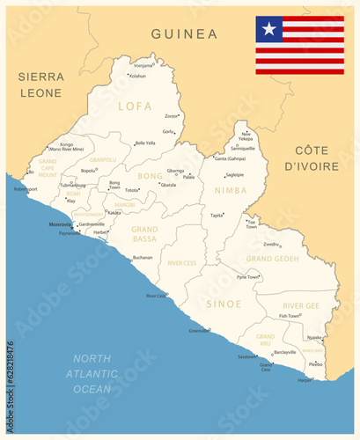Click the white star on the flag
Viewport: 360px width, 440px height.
pyautogui.click(x=268, y=29)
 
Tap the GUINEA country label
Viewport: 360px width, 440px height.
pyautogui.click(x=184, y=34)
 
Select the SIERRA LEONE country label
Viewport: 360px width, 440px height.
pyautogui.click(x=40, y=84)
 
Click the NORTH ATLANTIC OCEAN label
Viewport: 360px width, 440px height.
pyautogui.click(x=92, y=373)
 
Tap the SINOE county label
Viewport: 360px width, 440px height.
pyautogui.click(x=223, y=304)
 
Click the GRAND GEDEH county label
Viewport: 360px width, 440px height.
pyautogui.click(x=272, y=259)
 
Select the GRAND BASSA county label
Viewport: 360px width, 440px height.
pyautogui.click(x=144, y=233)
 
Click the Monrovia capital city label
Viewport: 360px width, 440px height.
pyautogui.click(x=61, y=224)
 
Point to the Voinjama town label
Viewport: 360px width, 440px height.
pyautogui.click(x=143, y=65)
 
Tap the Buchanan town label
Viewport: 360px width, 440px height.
pyautogui.click(x=143, y=257)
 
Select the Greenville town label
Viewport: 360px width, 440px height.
pyautogui.click(x=200, y=330)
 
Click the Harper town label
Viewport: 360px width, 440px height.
pyautogui.click(x=305, y=379)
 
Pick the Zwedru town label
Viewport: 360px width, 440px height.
pyautogui.click(x=272, y=244)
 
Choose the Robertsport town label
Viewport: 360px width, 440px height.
pyautogui.click(x=26, y=189)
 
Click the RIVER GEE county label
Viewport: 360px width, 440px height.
pyautogui.click(x=300, y=305)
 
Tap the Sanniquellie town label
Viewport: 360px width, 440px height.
pyautogui.click(x=243, y=149)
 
